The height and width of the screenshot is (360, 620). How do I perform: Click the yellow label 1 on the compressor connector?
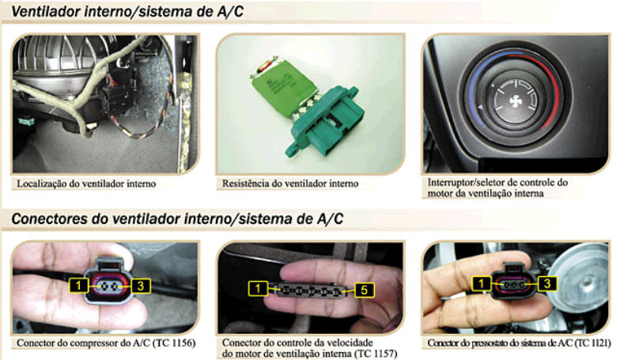(79, 285)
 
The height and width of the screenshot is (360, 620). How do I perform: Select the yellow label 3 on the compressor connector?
(141, 286)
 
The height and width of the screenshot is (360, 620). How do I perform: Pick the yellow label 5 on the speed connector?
(364, 290)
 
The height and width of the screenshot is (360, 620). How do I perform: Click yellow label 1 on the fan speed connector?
(258, 288)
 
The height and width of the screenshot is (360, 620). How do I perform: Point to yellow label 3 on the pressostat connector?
(547, 283)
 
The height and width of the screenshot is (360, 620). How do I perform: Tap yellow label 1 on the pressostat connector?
(482, 283)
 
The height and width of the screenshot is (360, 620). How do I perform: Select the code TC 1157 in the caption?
(376, 353)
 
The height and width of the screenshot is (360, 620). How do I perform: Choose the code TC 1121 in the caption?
(591, 343)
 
